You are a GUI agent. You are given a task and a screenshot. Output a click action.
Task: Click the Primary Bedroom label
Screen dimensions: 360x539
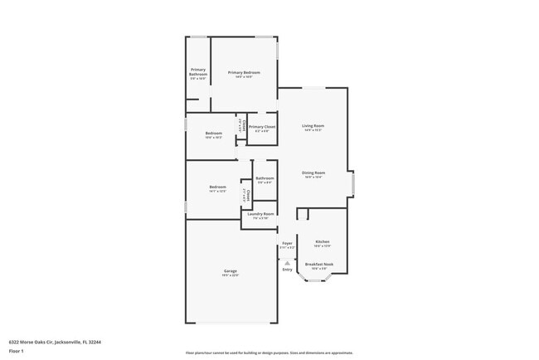click(244, 72)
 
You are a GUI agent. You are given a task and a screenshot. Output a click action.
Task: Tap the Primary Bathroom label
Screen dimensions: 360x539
click(198, 71)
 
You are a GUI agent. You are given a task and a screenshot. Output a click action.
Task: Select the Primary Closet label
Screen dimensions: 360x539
click(261, 127)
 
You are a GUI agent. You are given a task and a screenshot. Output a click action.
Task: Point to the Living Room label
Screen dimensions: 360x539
click(313, 125)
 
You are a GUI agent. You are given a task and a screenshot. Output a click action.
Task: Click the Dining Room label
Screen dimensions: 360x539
click(313, 173)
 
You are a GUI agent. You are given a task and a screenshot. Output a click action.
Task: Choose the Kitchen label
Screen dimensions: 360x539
click(323, 242)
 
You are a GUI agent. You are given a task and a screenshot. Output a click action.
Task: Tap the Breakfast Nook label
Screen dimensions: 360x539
click(323, 265)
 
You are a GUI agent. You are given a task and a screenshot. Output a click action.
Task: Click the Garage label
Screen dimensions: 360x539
click(230, 271)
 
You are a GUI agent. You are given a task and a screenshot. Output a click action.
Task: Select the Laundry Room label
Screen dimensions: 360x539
click(260, 214)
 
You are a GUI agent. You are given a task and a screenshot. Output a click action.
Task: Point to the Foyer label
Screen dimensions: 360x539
click(287, 243)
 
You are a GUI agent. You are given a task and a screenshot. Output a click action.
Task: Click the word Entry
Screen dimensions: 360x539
click(287, 269)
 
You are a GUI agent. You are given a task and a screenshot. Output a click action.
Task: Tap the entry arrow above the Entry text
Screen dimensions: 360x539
click(287, 262)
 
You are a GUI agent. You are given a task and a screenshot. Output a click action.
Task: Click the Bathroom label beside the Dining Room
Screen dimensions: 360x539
click(265, 178)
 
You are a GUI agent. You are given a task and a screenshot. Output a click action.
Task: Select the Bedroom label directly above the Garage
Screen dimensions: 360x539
click(217, 187)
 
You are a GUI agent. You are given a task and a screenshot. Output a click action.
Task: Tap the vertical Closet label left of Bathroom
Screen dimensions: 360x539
click(246, 194)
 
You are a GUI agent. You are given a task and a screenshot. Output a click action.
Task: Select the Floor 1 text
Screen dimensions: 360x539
click(16, 351)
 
